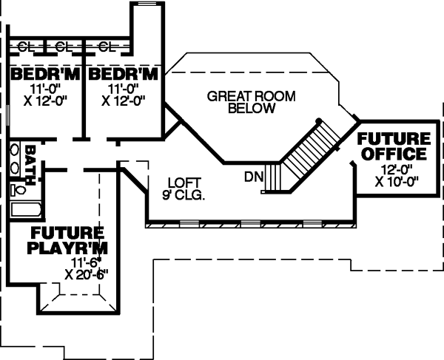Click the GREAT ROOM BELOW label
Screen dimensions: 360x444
(241, 102)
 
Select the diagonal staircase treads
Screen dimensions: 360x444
(305, 152)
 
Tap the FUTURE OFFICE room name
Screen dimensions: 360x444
(393, 146)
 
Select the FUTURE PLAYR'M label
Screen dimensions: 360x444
(67, 240)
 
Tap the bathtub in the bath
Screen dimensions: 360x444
(25, 210)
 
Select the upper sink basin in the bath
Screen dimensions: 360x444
(14, 149)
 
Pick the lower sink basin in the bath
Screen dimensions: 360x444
(14, 166)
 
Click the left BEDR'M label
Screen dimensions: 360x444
(44, 75)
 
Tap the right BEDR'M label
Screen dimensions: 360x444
(123, 75)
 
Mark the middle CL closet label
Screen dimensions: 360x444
(64, 46)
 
